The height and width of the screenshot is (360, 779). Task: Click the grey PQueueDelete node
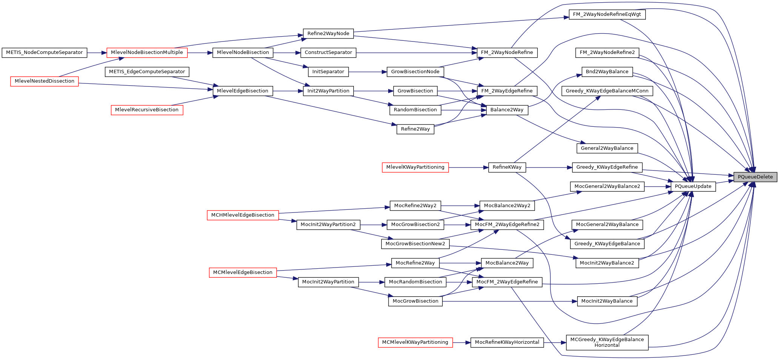click(x=755, y=177)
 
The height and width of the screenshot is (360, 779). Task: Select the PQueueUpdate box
click(x=693, y=186)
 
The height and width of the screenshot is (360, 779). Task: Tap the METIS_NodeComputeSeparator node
click(x=44, y=52)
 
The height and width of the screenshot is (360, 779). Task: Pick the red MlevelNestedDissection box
click(x=44, y=81)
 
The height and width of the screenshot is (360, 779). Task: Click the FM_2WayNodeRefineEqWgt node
click(x=607, y=15)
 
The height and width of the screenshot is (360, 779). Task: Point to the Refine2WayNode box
click(x=328, y=34)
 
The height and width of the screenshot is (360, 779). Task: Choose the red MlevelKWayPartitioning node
click(x=415, y=167)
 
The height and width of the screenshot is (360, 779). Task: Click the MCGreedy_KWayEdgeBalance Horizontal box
click(x=607, y=342)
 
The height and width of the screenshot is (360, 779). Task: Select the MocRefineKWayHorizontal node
click(x=507, y=342)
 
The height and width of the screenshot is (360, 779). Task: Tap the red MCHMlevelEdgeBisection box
click(x=243, y=215)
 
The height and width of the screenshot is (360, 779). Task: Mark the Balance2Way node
click(x=507, y=110)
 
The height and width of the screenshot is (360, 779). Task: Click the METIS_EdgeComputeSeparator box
click(x=147, y=72)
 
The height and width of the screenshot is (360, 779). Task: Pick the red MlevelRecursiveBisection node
click(x=147, y=110)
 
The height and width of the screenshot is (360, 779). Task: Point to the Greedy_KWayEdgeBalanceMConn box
click(x=607, y=91)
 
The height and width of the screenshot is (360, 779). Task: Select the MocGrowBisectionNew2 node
click(x=415, y=244)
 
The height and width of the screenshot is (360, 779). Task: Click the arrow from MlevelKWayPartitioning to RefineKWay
click(x=468, y=167)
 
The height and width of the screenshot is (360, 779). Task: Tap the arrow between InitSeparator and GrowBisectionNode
click(x=367, y=72)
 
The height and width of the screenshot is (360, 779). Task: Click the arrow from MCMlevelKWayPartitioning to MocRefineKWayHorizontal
click(x=461, y=342)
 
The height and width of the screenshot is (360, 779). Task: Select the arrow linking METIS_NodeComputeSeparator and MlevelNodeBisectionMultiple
click(x=97, y=52)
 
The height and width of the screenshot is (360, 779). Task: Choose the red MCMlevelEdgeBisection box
click(x=243, y=272)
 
